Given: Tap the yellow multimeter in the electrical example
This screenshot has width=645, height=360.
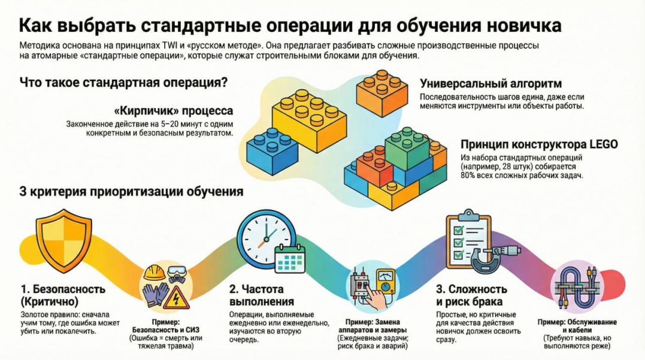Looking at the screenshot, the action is tap(384, 281).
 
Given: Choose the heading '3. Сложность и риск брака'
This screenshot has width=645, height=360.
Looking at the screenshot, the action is tap(471, 295).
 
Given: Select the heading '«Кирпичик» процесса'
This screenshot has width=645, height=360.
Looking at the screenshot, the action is tap(173, 111).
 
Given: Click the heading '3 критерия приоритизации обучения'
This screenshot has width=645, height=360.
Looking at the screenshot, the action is tap(132, 192).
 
